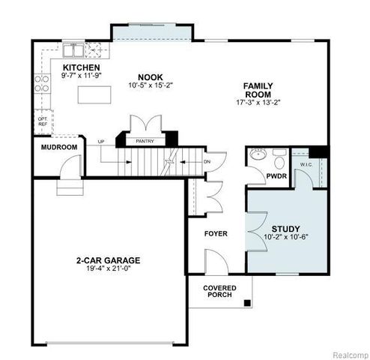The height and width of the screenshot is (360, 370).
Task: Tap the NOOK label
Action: tap(151, 76)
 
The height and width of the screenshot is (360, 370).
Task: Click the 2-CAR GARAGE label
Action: tap(108, 260)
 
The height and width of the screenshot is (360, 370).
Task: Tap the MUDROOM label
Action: tap(58, 147)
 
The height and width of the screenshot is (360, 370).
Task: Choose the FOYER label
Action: tap(216, 233)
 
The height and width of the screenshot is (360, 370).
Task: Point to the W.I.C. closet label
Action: tap(306, 165)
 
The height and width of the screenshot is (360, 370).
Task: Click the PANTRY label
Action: tap(145, 140)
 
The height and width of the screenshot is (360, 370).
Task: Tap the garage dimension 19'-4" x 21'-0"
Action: tap(108, 269)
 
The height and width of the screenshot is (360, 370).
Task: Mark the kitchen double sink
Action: tap(74, 51)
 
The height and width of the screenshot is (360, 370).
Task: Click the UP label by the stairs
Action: tap(100, 141)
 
